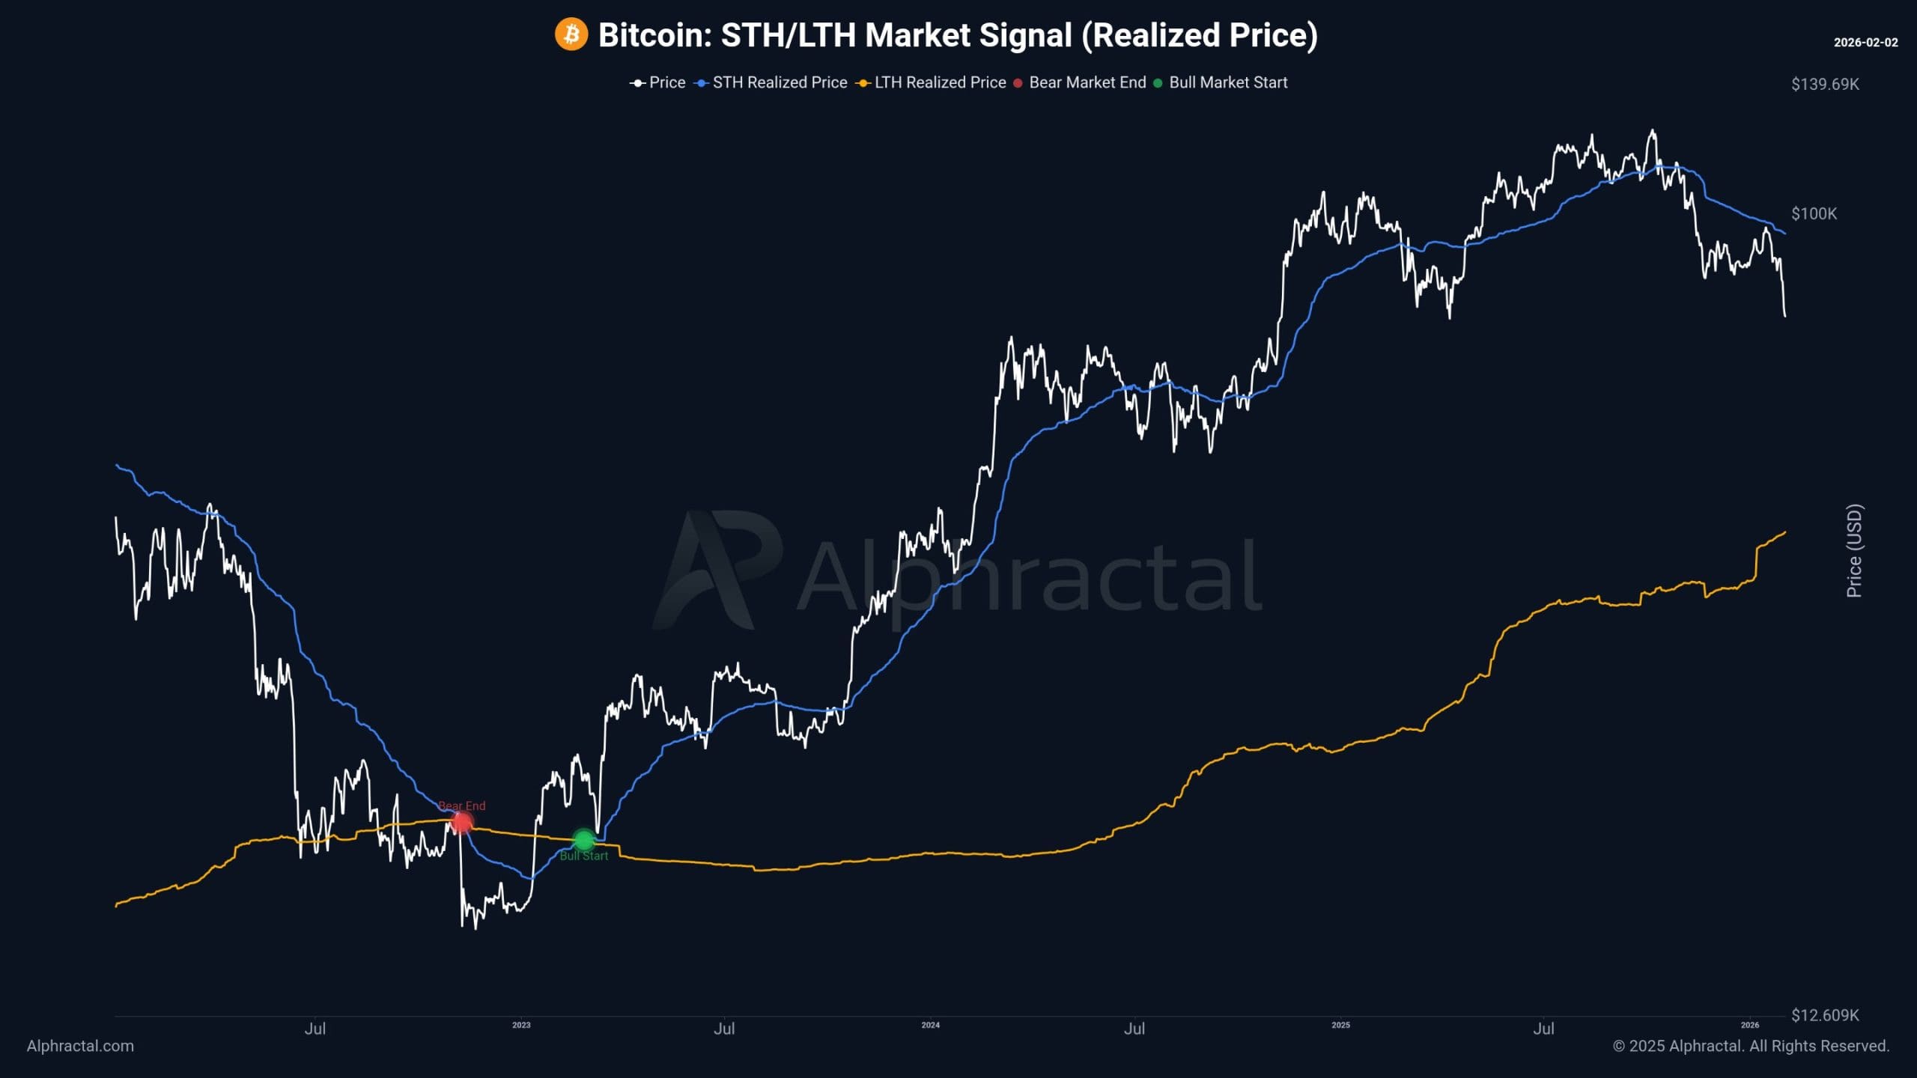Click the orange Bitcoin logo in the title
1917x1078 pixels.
(571, 34)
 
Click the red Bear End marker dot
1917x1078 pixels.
(462, 823)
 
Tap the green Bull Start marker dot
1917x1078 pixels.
(583, 840)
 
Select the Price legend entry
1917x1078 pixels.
(658, 82)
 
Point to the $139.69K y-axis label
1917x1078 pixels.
(1825, 84)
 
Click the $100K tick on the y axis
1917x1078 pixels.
(1814, 214)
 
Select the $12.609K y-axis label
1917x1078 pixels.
(1825, 1015)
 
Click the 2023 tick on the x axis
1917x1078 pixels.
(521, 1025)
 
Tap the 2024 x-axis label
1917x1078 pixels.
(930, 1025)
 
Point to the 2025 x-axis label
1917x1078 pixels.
(1340, 1025)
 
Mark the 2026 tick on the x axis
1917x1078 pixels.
(1750, 1025)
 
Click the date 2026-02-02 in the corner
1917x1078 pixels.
(1865, 43)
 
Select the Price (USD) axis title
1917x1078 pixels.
(1854, 550)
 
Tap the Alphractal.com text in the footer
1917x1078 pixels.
(80, 1046)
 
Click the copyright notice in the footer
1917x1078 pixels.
(1751, 1046)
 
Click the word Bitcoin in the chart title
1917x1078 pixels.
(654, 35)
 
